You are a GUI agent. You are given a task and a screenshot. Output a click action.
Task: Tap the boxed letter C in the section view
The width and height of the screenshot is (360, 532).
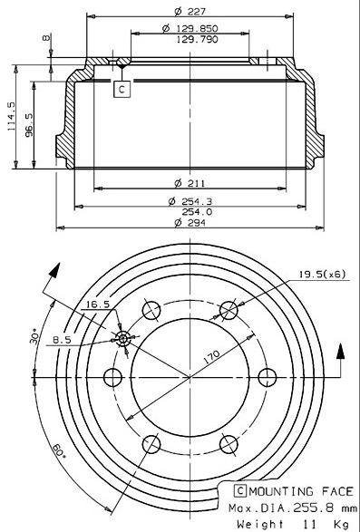[x=122, y=88]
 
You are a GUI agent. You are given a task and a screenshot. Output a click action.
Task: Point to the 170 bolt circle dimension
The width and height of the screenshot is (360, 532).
[x=210, y=356]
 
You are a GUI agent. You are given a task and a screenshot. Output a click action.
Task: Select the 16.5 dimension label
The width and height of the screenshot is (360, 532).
[x=97, y=305]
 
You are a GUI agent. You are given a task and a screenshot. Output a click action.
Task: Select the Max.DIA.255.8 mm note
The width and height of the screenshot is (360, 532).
[x=292, y=507]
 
